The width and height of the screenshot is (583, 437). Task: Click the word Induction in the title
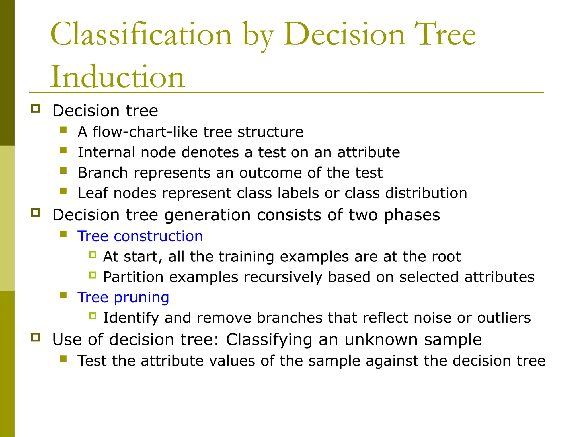point(118,77)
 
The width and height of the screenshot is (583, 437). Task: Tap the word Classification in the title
point(141,34)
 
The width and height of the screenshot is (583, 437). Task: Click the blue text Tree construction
point(140,236)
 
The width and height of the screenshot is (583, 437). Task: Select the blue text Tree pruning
point(123,297)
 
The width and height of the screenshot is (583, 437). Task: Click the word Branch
point(102,173)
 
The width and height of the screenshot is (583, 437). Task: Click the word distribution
point(426,193)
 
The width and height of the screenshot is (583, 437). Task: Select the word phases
point(412,215)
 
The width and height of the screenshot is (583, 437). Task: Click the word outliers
point(504,318)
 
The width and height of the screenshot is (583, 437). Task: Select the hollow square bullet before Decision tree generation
point(36,213)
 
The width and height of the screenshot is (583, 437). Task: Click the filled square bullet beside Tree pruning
point(63,295)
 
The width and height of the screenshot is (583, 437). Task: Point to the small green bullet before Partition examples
point(93,275)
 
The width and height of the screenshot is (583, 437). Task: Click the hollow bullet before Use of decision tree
point(36,337)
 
